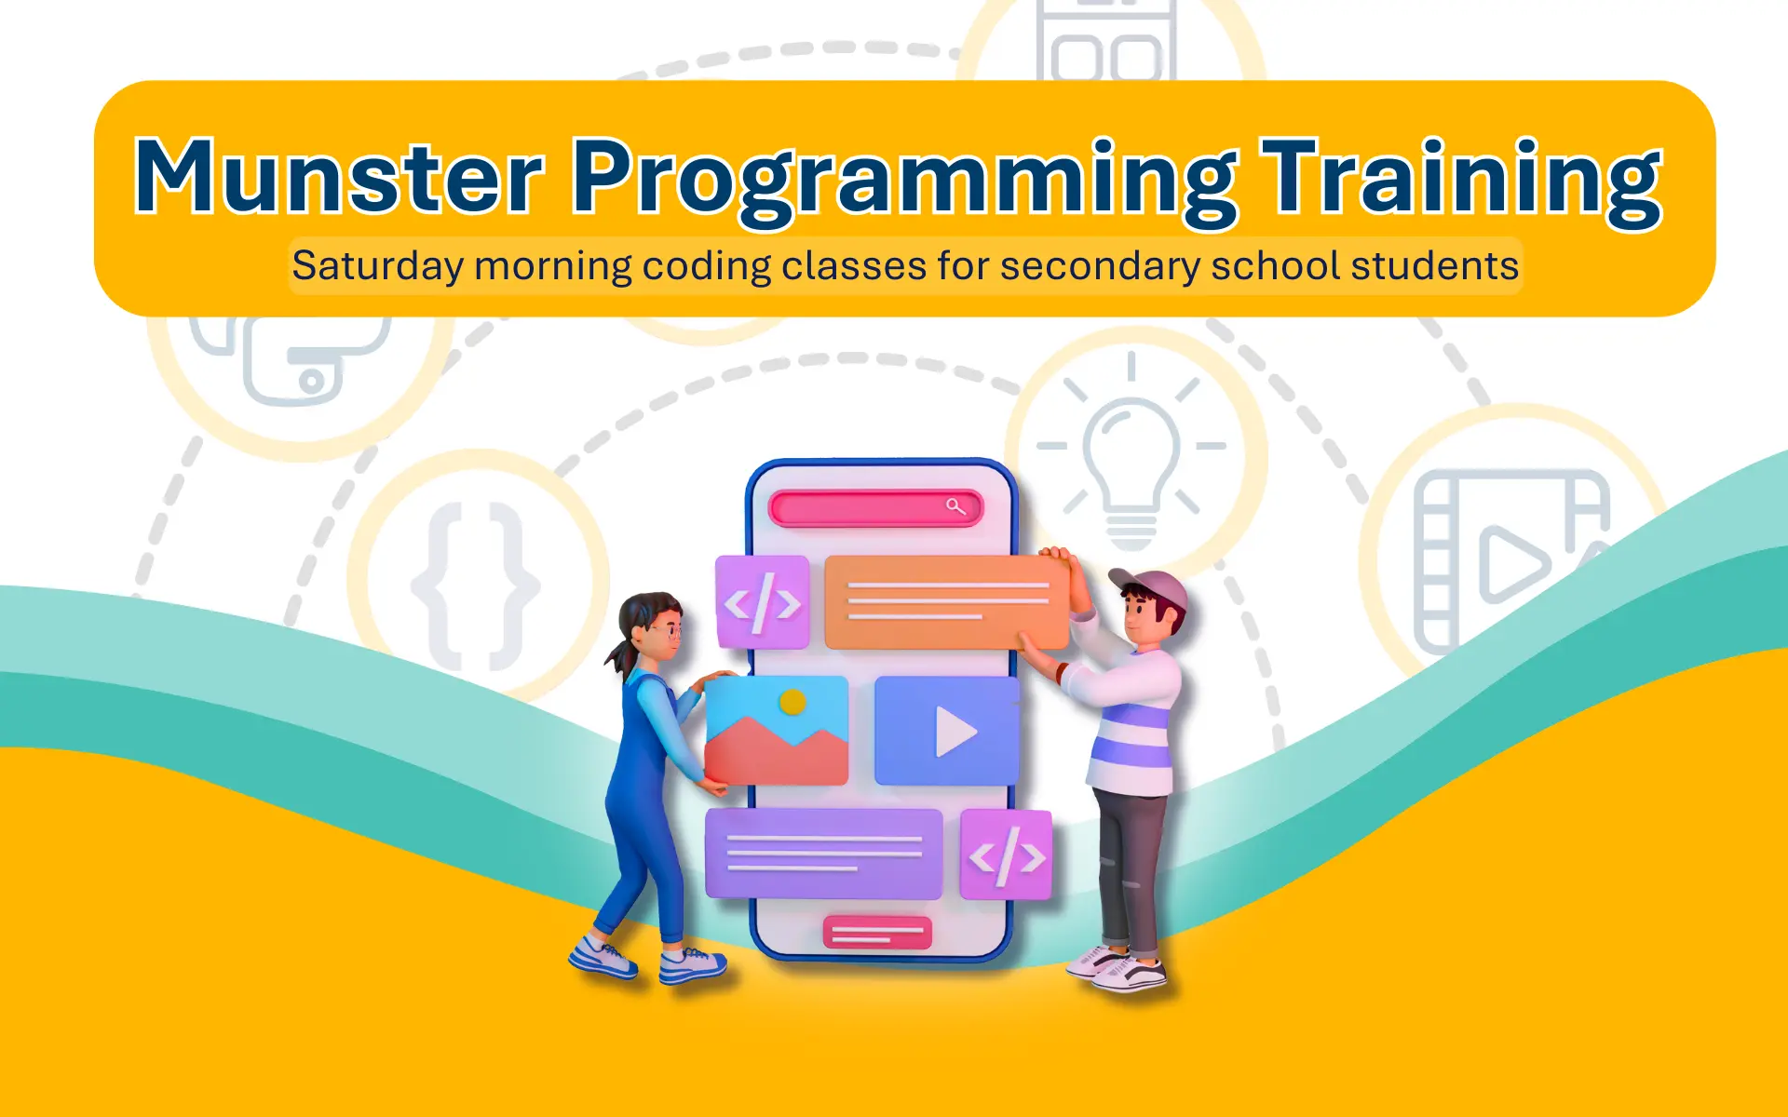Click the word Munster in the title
(x=339, y=177)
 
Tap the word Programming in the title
(x=903, y=182)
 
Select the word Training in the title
(x=1461, y=182)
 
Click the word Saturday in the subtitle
(x=377, y=266)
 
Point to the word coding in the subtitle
(x=707, y=266)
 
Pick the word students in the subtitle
(x=1435, y=265)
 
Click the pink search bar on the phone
(x=875, y=507)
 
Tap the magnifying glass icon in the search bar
(x=955, y=506)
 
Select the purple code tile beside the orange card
(x=763, y=602)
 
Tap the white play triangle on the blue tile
(x=955, y=732)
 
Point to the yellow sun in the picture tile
(x=792, y=702)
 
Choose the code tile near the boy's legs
(x=1006, y=855)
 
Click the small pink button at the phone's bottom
(x=877, y=932)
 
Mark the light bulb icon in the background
(x=1131, y=451)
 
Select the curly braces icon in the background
(x=475, y=586)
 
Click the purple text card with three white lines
(x=824, y=854)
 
